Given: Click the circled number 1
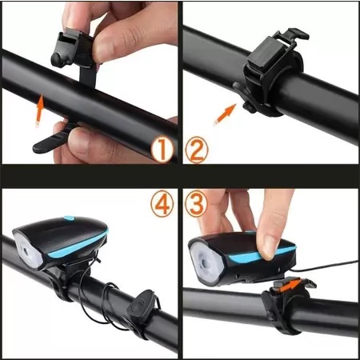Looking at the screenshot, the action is click(x=162, y=149).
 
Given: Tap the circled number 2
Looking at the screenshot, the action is click(x=197, y=150).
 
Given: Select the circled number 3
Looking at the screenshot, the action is click(x=197, y=205).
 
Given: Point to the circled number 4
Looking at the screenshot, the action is click(x=162, y=205).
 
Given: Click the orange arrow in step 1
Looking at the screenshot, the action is click(x=39, y=110).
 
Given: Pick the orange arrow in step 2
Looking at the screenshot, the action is click(x=226, y=114).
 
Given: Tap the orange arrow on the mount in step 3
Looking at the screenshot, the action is click(x=291, y=286).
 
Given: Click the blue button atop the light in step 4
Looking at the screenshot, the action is click(x=69, y=218).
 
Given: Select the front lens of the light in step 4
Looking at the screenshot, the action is click(x=27, y=251).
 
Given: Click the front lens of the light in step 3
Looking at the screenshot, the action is click(x=206, y=262).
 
